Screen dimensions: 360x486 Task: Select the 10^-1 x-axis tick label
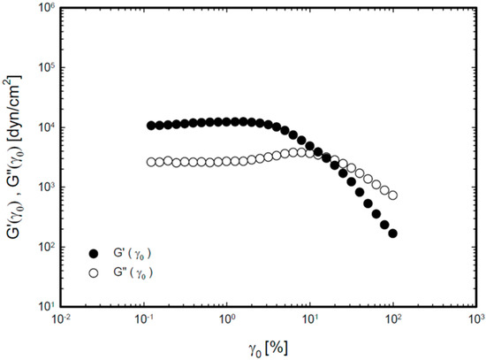[x=144, y=318]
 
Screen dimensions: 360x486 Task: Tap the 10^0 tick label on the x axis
[x=227, y=318]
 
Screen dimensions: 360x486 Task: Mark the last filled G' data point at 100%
[x=392, y=234]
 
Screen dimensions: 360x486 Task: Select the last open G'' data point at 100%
[x=392, y=195]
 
